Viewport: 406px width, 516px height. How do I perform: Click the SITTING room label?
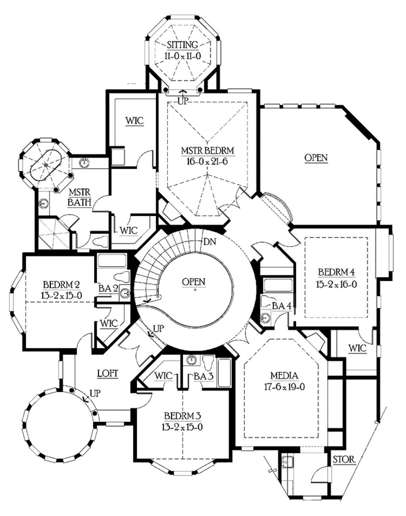tap(182, 45)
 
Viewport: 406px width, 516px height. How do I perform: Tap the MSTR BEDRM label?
tap(207, 151)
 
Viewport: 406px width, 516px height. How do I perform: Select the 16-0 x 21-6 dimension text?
tap(207, 161)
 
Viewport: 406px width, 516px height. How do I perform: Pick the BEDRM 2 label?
tap(61, 284)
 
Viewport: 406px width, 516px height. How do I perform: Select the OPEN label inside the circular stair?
tap(193, 282)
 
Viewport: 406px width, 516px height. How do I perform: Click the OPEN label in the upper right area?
tap(316, 158)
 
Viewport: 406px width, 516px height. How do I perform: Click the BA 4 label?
tap(282, 306)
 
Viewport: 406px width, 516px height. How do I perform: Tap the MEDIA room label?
tap(284, 376)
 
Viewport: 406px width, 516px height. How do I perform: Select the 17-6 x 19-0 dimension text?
tap(284, 387)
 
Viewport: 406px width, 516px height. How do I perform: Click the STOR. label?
tap(344, 460)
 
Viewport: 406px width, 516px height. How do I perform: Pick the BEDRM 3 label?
tap(182, 416)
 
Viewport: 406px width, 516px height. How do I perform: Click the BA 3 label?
tap(204, 376)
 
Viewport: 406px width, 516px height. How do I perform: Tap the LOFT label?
tap(108, 374)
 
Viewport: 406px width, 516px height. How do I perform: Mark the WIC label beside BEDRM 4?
tap(358, 349)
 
